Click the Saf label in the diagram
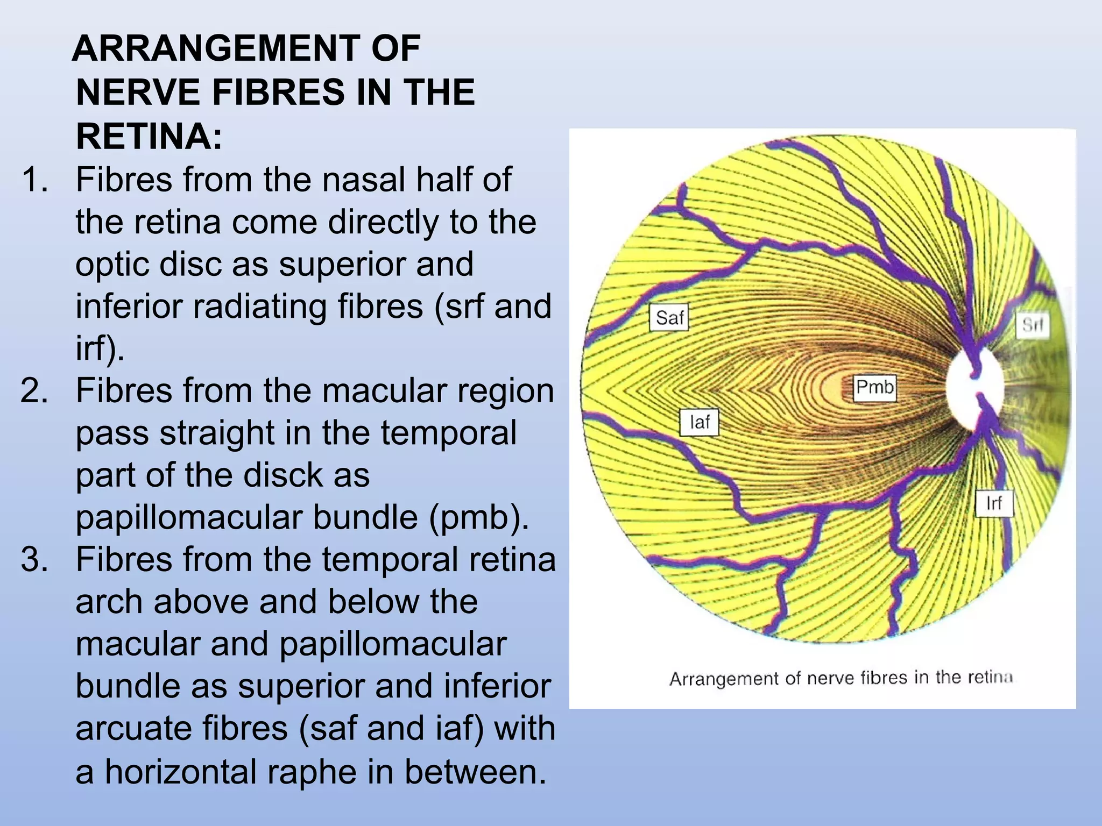pyautogui.click(x=669, y=318)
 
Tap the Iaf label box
pyautogui.click(x=699, y=422)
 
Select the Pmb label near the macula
pyautogui.click(x=875, y=387)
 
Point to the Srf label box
pyautogui.click(x=1032, y=325)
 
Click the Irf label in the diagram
pyautogui.click(x=994, y=503)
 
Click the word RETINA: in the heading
pyautogui.click(x=149, y=136)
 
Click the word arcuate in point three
pyautogui.click(x=133, y=729)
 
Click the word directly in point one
pyautogui.click(x=384, y=222)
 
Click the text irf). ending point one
pyautogui.click(x=100, y=348)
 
